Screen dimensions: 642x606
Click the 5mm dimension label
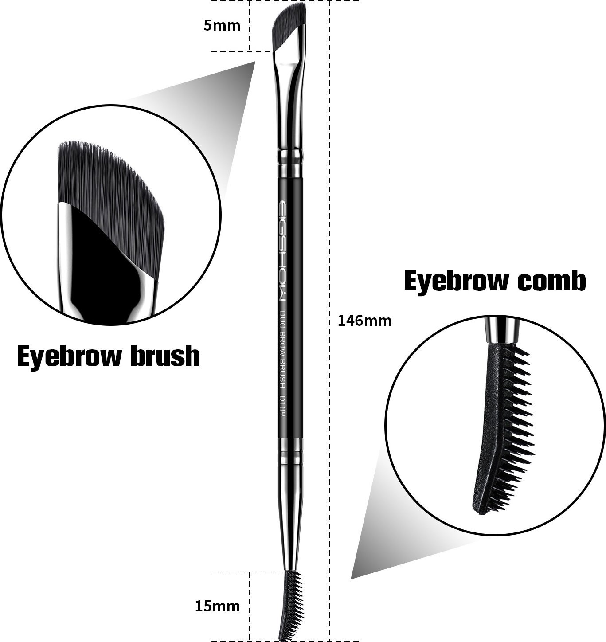click(x=222, y=26)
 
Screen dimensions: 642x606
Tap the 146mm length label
click(x=364, y=320)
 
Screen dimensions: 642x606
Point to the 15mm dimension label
click(x=217, y=606)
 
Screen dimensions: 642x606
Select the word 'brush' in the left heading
click(x=165, y=356)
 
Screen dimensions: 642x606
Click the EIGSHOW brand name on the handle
click(x=282, y=251)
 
